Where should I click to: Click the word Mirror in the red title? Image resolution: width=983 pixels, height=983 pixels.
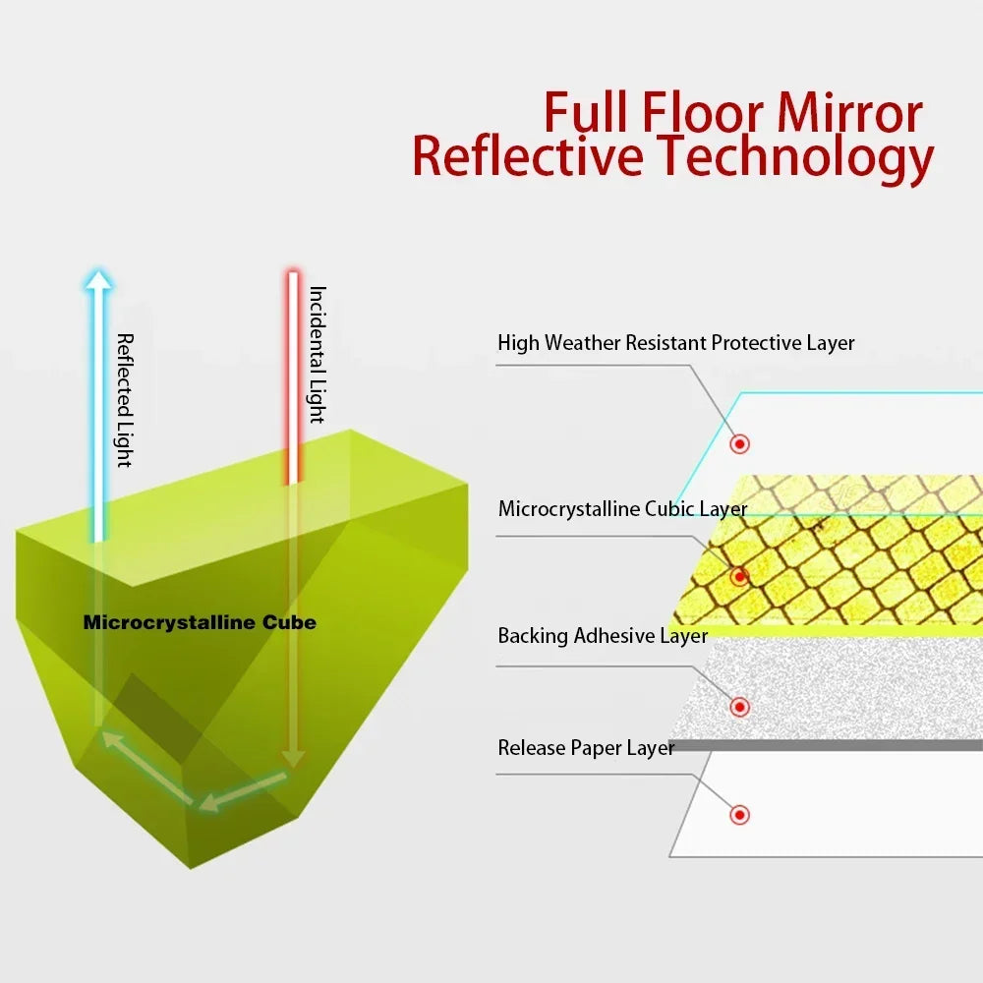[850, 112]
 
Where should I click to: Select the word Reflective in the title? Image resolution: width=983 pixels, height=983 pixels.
[527, 155]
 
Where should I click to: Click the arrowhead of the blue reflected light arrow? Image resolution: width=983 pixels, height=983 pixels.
[97, 280]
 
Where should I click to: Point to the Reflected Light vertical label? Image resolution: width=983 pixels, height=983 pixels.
[126, 400]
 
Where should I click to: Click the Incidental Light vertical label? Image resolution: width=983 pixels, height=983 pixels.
[318, 355]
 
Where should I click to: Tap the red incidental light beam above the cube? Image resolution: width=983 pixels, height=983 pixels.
[293, 377]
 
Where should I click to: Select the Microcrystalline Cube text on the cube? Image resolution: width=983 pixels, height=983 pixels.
[200, 622]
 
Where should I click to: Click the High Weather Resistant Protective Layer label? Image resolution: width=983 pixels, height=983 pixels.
[676, 343]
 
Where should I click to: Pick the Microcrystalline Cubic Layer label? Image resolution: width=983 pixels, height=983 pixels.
[622, 508]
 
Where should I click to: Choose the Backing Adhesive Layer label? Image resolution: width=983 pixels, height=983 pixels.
[603, 635]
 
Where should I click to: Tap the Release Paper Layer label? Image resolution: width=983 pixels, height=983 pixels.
[586, 747]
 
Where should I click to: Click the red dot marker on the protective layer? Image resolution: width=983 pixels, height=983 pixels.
[740, 444]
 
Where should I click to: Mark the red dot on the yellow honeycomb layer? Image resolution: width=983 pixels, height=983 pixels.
[740, 576]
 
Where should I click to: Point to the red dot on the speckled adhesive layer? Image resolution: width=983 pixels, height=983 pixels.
[740, 707]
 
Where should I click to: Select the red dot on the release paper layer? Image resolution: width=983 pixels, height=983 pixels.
[740, 814]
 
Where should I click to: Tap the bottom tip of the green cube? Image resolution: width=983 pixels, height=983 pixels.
[191, 868]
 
